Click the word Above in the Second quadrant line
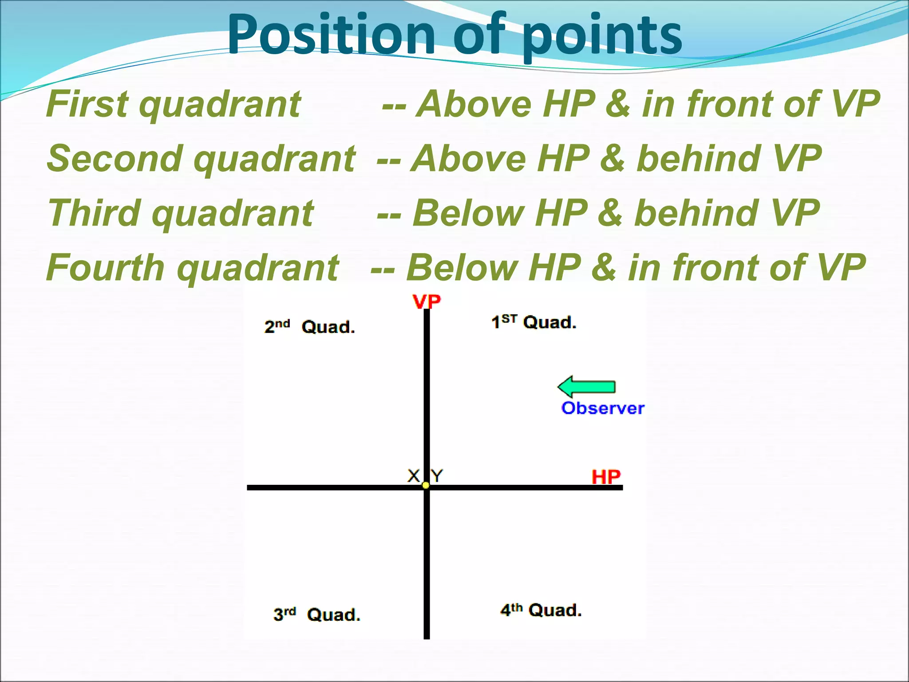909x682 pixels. pos(468,159)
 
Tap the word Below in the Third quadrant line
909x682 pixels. pos(469,213)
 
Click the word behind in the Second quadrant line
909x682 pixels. pos(699,159)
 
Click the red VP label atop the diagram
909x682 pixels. pos(427,302)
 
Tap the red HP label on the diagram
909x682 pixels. pos(606,477)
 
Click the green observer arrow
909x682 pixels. pos(587,387)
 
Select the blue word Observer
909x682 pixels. pos(602,408)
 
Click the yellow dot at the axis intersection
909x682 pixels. pos(426,486)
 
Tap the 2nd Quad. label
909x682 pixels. pos(310,327)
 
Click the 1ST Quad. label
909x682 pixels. pos(534,322)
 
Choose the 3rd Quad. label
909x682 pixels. pos(316,615)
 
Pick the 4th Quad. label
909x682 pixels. pos(541,610)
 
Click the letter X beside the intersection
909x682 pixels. pos(413,476)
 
